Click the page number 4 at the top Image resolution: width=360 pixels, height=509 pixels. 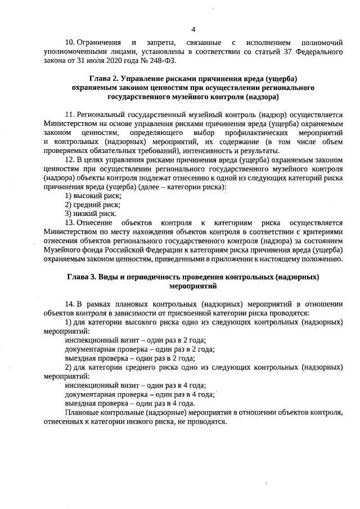click(x=193, y=29)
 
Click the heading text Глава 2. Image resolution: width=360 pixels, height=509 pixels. click(x=106, y=78)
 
